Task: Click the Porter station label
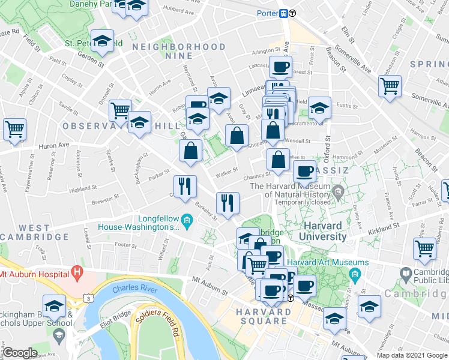tap(267, 13)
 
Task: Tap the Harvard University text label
tap(325, 231)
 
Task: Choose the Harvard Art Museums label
tap(328, 263)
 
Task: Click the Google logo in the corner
tap(20, 353)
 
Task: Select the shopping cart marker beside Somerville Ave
tap(390, 86)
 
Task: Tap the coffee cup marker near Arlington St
tap(280, 67)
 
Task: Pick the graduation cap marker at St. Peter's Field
tap(103, 40)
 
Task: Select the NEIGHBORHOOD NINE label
tap(179, 46)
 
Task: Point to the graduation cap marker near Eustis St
tap(320, 108)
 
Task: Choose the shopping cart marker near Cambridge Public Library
tap(424, 248)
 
